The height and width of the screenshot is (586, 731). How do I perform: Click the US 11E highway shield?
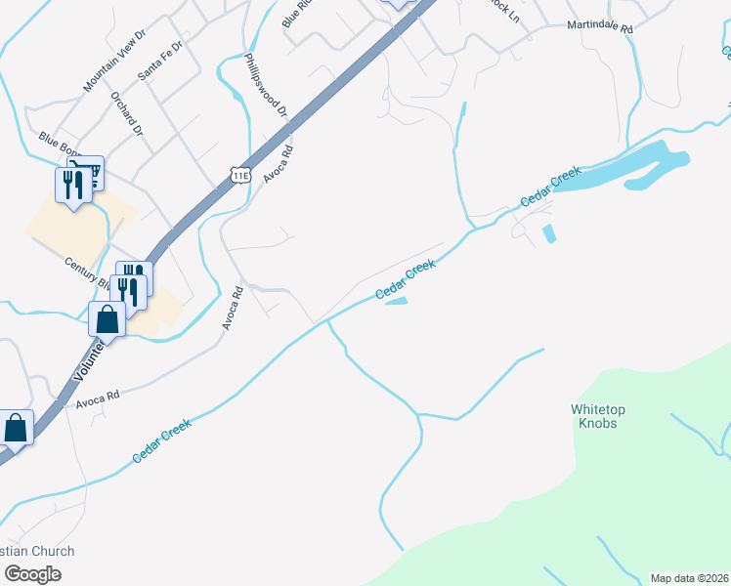click(240, 175)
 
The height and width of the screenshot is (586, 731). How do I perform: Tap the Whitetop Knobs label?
click(599, 416)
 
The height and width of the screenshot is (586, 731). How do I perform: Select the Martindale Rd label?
click(601, 28)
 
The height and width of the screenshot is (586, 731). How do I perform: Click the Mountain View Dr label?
click(114, 60)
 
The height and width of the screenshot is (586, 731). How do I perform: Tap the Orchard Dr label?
click(127, 113)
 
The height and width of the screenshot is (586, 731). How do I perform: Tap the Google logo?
click(31, 574)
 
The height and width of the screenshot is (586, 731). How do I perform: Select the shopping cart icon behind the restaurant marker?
click(94, 171)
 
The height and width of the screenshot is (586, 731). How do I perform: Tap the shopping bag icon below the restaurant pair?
click(107, 318)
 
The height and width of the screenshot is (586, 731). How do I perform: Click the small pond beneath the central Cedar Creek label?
click(396, 302)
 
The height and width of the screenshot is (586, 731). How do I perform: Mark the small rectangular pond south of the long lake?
click(547, 234)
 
